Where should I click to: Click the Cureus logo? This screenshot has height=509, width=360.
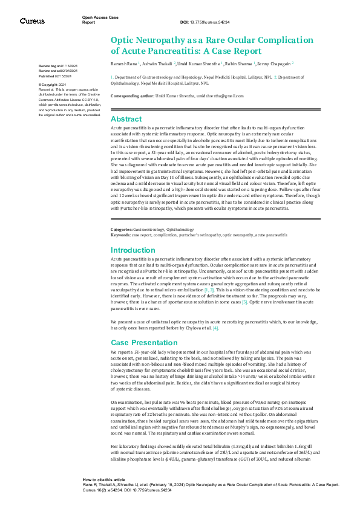32,21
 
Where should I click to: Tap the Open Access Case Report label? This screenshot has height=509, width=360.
96,20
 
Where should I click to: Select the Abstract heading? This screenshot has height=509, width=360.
126,119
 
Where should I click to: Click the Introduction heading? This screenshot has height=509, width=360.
133,250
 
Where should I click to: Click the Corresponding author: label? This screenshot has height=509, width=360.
133,96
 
